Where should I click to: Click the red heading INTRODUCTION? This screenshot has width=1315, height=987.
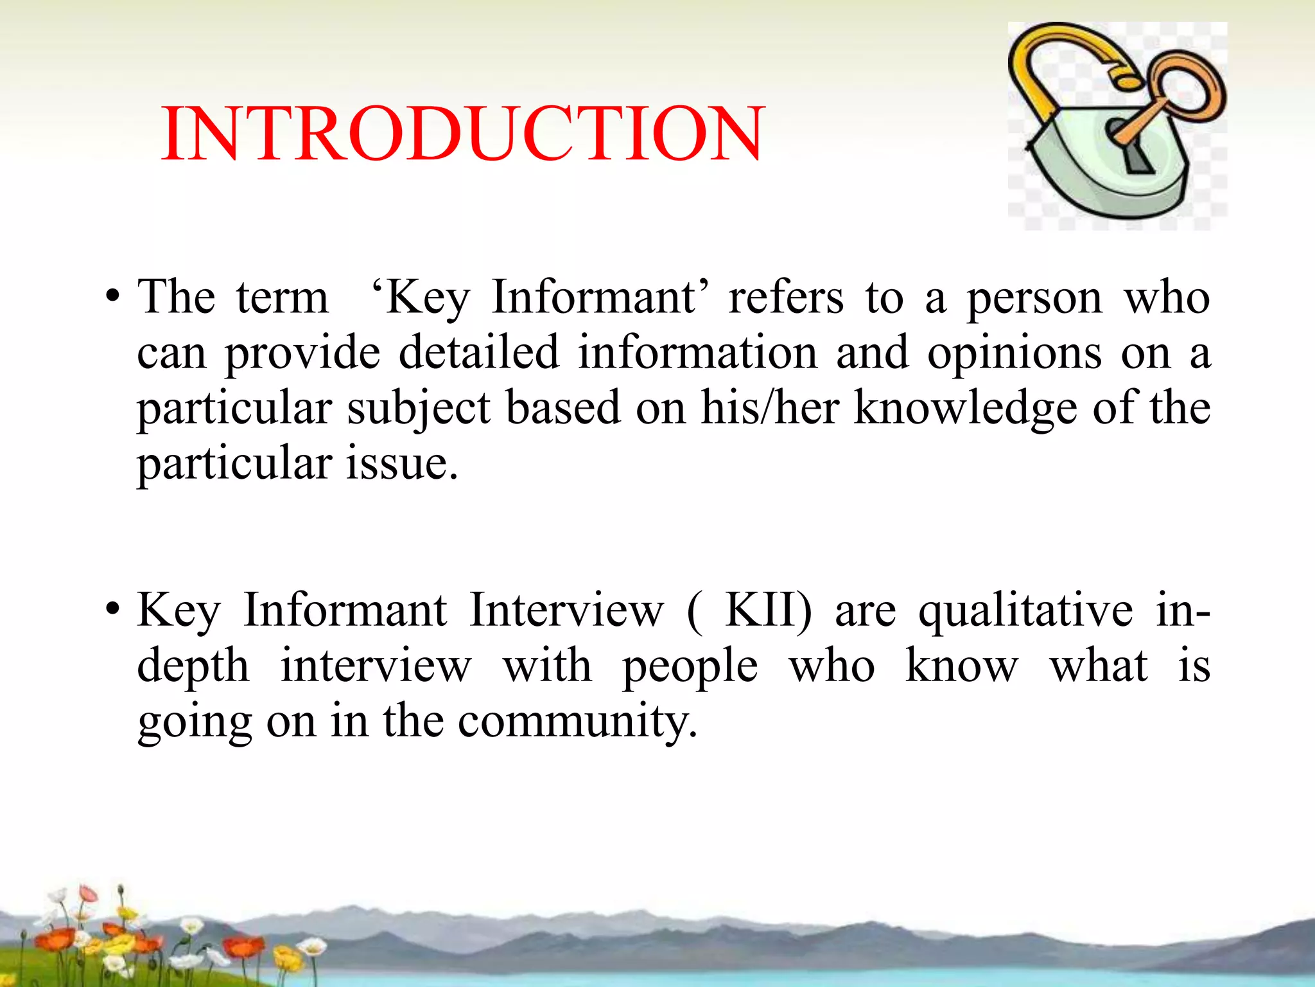pyautogui.click(x=462, y=134)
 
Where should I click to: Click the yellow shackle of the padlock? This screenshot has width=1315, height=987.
pyautogui.click(x=1053, y=71)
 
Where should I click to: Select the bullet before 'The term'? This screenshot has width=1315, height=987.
pyautogui.click(x=113, y=298)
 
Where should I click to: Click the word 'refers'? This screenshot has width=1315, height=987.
pyautogui.click(x=785, y=298)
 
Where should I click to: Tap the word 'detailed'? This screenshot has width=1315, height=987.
pyautogui.click(x=478, y=353)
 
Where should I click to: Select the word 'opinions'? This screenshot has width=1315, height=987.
pyautogui.click(x=1015, y=353)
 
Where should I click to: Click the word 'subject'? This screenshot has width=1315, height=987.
pyautogui.click(x=419, y=409)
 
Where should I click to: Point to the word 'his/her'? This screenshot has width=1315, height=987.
pyautogui.click(x=769, y=407)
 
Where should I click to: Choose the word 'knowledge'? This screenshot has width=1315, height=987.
pyautogui.click(x=964, y=409)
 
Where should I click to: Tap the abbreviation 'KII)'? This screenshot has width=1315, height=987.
pyautogui.click(x=768, y=610)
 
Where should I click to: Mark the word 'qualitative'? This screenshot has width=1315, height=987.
pyautogui.click(x=1025, y=611)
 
